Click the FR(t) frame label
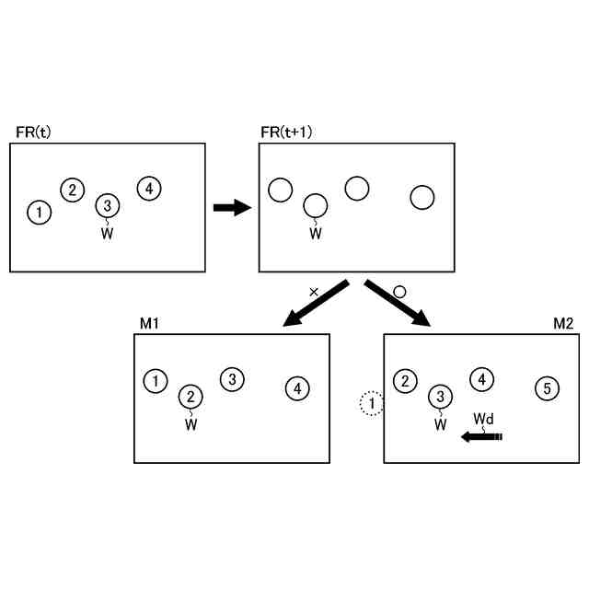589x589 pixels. point(34,133)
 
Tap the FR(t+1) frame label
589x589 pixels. point(287,133)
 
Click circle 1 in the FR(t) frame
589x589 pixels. point(39,214)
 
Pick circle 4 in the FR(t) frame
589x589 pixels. point(149,189)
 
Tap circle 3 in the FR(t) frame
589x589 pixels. point(108,205)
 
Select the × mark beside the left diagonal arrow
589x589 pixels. point(314,292)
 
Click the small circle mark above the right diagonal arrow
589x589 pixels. point(398,291)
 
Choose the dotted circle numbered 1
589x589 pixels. point(370,403)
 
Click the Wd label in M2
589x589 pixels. point(484,419)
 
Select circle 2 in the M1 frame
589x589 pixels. point(191,398)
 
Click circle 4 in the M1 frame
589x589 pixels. point(296,389)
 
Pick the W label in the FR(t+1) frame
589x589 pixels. point(316,234)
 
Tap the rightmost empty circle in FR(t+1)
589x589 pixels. point(422,197)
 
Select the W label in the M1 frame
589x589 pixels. point(191,425)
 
